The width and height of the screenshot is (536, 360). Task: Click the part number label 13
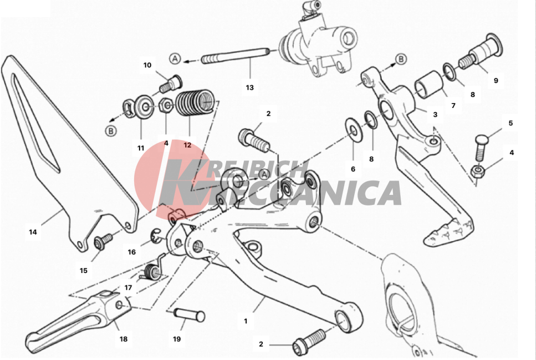coord(249,88)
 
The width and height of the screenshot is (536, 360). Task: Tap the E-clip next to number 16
coord(156,236)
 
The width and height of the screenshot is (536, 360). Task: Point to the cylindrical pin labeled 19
coord(190,315)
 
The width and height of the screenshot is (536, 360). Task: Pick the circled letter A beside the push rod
coord(175,59)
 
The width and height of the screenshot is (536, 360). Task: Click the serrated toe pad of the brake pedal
coord(449,232)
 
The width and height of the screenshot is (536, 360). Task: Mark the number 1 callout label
coord(246,321)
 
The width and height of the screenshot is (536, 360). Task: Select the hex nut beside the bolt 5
coord(476,171)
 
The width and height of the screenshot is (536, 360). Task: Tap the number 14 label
coord(33,232)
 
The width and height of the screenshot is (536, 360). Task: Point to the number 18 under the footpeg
coord(124,339)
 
